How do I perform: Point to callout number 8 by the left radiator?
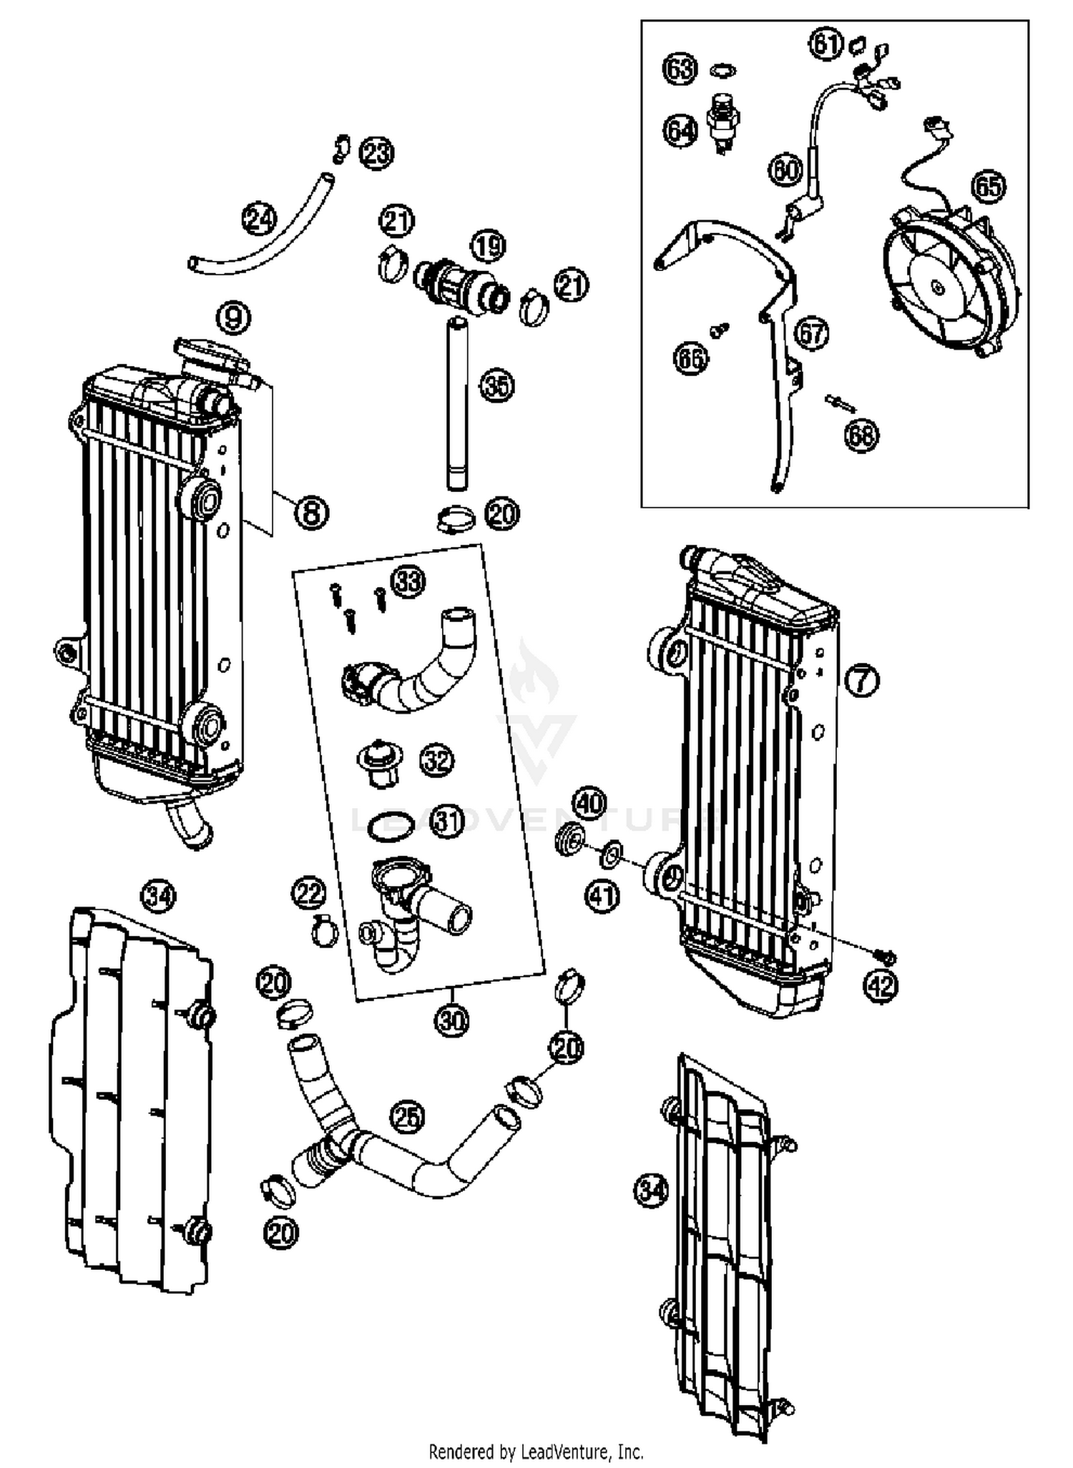click(311, 512)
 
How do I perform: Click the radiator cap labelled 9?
click(211, 355)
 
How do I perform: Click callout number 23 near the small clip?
click(376, 152)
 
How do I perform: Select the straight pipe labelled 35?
click(456, 404)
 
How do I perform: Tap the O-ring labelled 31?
click(390, 829)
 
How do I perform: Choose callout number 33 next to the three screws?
click(408, 582)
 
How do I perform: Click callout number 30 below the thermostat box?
click(451, 1020)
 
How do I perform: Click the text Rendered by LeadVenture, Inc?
click(536, 1452)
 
